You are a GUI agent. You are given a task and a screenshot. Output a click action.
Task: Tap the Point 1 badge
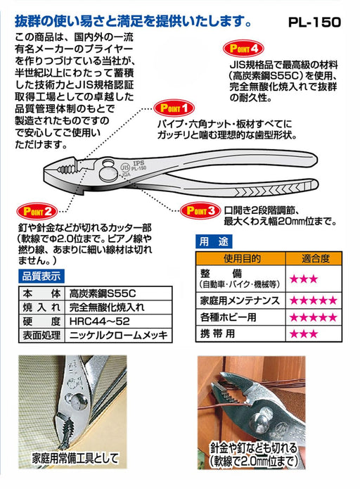click(169, 108)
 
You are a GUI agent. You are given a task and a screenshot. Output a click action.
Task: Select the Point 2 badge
click(34, 210)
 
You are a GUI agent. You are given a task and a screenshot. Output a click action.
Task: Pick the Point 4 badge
click(243, 49)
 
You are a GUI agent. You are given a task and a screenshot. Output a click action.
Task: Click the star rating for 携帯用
click(304, 331)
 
